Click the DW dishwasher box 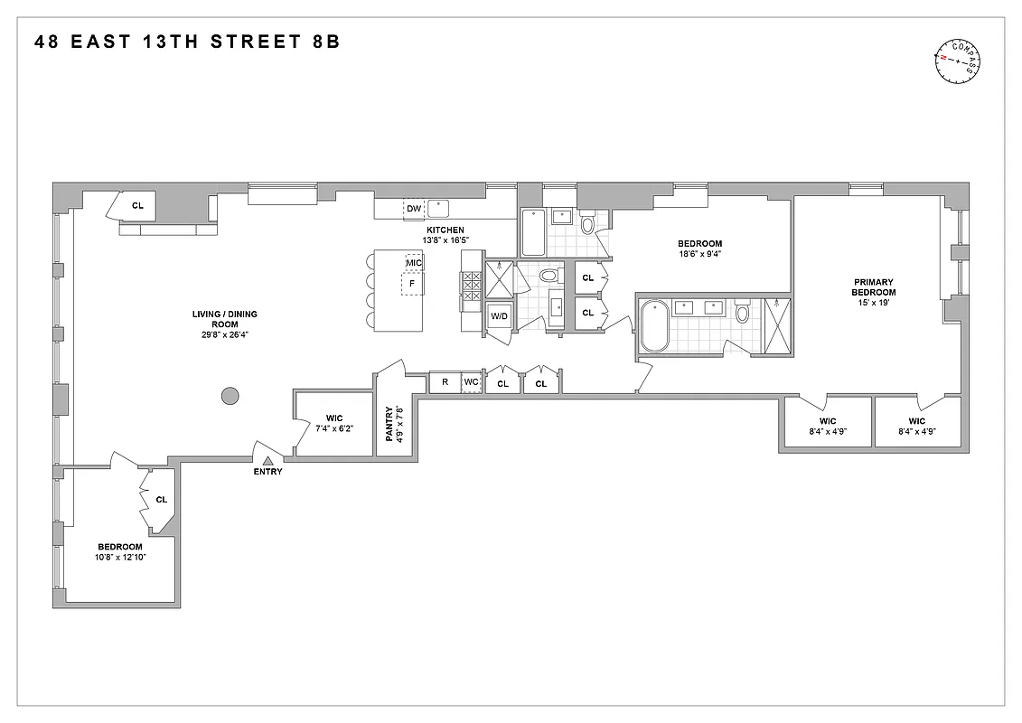point(414,209)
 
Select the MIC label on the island point(414,263)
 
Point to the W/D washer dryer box point(499,316)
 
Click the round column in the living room point(230,395)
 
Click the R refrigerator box point(445,382)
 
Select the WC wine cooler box point(472,382)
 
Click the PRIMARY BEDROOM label point(874,287)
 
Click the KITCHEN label point(445,230)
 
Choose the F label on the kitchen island point(413,283)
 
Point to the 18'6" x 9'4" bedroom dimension point(700,256)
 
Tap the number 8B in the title point(323,42)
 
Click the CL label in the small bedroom point(162,499)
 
